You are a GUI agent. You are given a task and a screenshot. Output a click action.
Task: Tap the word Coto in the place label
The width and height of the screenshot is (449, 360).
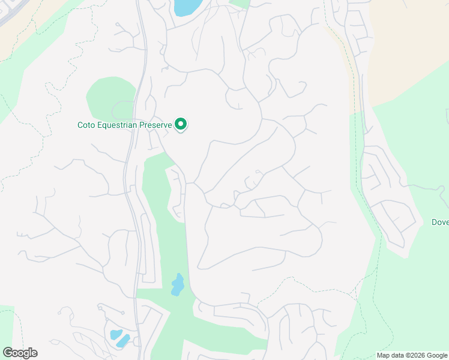coord(87,125)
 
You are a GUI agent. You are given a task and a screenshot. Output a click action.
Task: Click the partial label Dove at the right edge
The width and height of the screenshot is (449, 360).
coord(440,222)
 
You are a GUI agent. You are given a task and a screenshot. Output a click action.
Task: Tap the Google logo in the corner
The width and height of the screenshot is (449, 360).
coord(20,353)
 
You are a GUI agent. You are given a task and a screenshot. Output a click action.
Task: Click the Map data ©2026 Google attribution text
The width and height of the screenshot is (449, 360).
coord(412,355)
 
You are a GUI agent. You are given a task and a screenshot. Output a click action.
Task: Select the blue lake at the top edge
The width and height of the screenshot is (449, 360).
coord(187,7)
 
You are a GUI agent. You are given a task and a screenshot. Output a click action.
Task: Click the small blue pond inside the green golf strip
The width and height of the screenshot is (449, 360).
coord(177,284)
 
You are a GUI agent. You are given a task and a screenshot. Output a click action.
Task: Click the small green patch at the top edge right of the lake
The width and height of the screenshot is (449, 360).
coord(241,3)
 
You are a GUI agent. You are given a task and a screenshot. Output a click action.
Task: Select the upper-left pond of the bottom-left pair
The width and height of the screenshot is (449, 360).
coord(115,334)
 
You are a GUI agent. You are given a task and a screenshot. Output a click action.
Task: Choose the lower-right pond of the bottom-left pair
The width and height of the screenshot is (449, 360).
coord(124,341)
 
